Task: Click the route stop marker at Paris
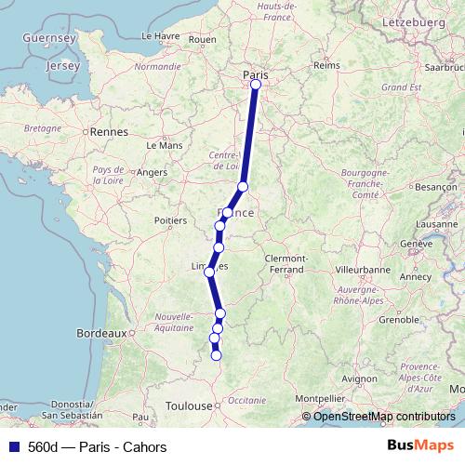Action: (x=256, y=85)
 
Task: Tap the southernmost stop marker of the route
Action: (x=217, y=355)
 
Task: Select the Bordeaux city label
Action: (x=100, y=332)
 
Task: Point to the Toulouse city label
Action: (x=189, y=406)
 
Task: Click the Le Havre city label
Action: (x=161, y=35)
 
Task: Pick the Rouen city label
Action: (x=202, y=40)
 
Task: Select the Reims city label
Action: (x=326, y=65)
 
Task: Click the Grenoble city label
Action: (x=398, y=319)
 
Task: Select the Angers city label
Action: (x=152, y=172)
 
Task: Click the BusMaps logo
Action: (x=419, y=446)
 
